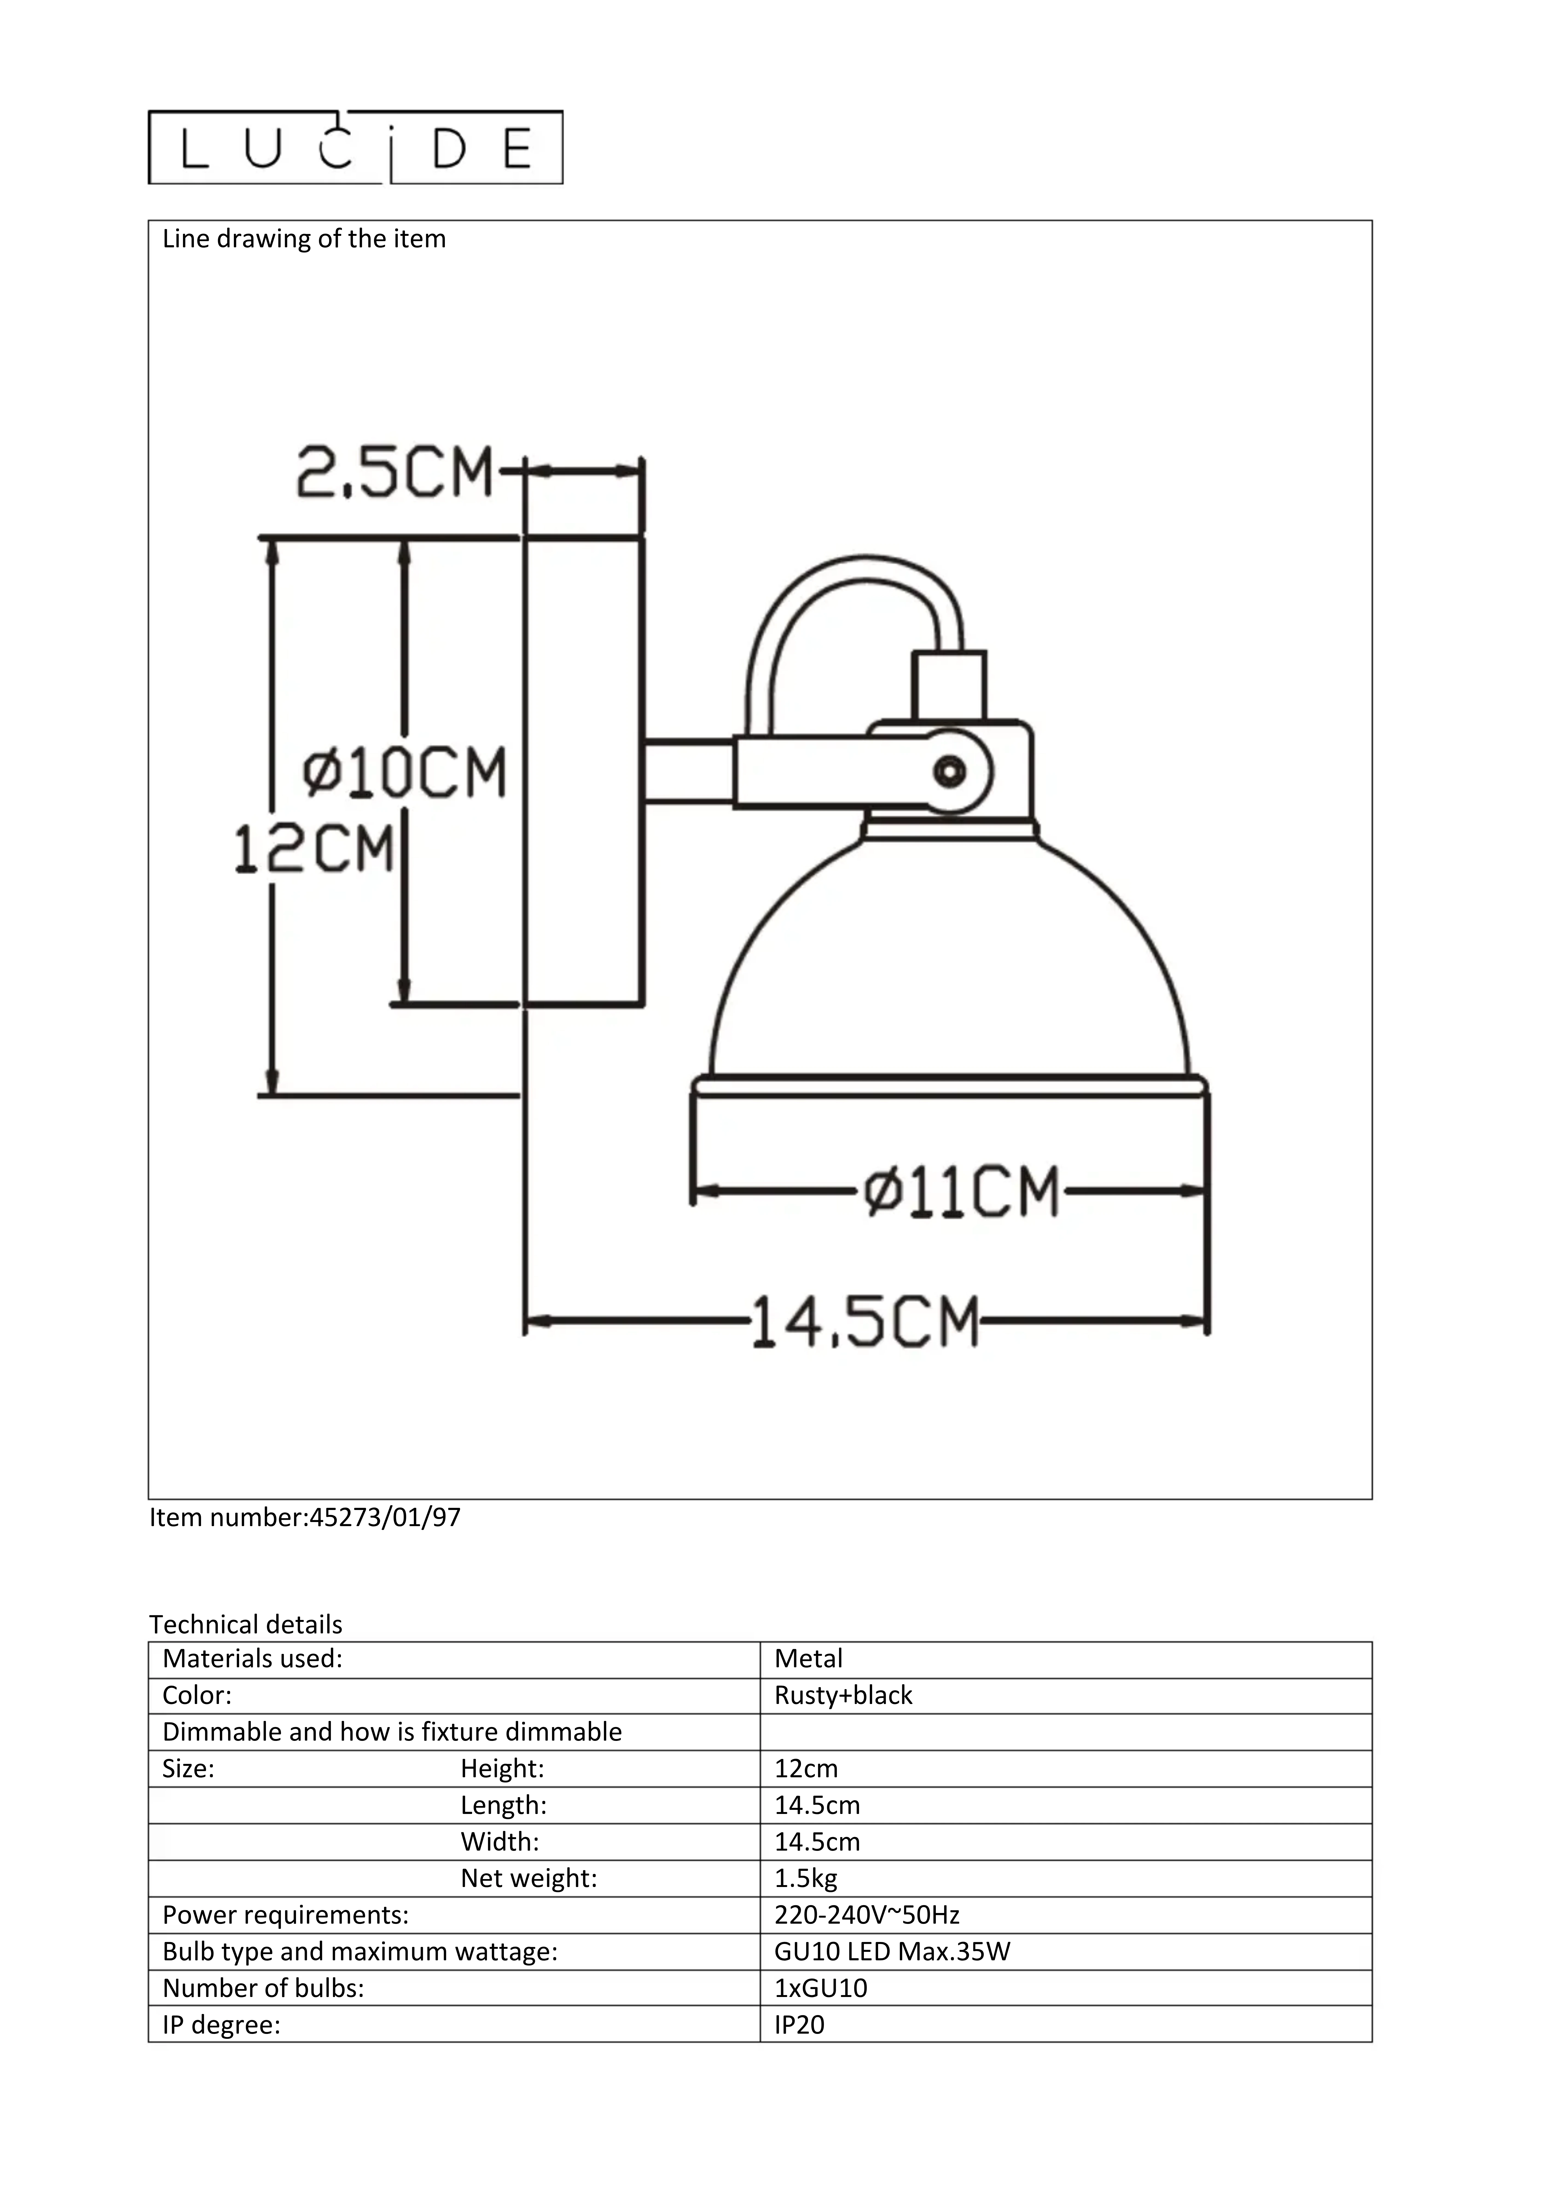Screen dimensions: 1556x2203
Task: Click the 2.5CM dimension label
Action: (x=394, y=472)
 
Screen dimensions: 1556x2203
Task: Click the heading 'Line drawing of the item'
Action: (x=304, y=239)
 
